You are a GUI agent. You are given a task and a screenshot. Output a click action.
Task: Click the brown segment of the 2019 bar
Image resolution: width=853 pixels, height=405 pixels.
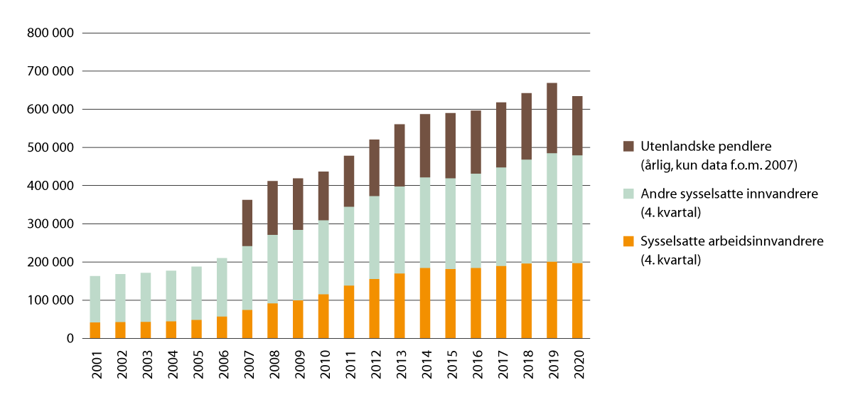[x=552, y=118]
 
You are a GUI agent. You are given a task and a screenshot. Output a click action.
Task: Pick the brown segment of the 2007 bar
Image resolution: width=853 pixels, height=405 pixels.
[x=247, y=223]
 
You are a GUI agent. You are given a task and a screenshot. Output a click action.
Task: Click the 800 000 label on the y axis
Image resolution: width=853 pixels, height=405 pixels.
[x=49, y=33]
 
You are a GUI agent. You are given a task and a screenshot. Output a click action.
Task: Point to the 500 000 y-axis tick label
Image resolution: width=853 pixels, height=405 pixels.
[x=49, y=147]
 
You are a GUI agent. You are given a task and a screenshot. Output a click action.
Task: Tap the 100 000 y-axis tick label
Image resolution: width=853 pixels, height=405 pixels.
[x=49, y=300]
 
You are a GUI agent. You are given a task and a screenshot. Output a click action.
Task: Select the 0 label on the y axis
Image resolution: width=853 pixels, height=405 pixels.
[x=70, y=339]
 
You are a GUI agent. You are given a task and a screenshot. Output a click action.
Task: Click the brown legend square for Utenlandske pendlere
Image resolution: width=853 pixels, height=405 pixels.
[x=628, y=145]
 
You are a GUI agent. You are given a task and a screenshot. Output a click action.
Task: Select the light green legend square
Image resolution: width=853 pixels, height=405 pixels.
[x=628, y=194]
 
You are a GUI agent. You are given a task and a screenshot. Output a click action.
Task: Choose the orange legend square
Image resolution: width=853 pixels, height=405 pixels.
[x=628, y=241]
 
